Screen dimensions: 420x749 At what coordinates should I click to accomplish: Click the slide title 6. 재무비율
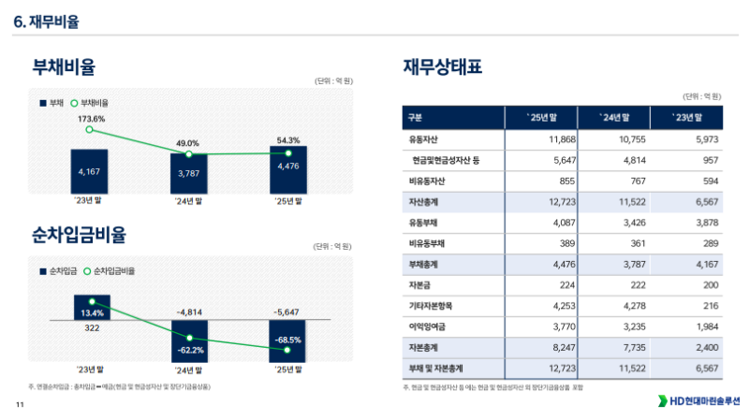[47, 21]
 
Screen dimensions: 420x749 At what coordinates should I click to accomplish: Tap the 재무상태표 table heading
[443, 67]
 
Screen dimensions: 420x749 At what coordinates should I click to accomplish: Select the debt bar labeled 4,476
[288, 167]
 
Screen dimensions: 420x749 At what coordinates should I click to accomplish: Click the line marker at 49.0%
[189, 154]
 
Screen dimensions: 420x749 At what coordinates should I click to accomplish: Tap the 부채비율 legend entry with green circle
[90, 101]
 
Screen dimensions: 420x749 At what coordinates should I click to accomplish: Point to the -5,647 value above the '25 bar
[288, 311]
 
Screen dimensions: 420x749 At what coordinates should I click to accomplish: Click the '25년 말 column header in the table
[542, 118]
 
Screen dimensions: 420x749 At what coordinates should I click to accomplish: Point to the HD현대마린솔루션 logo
[698, 401]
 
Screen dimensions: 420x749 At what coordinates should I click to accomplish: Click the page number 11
[19, 405]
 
